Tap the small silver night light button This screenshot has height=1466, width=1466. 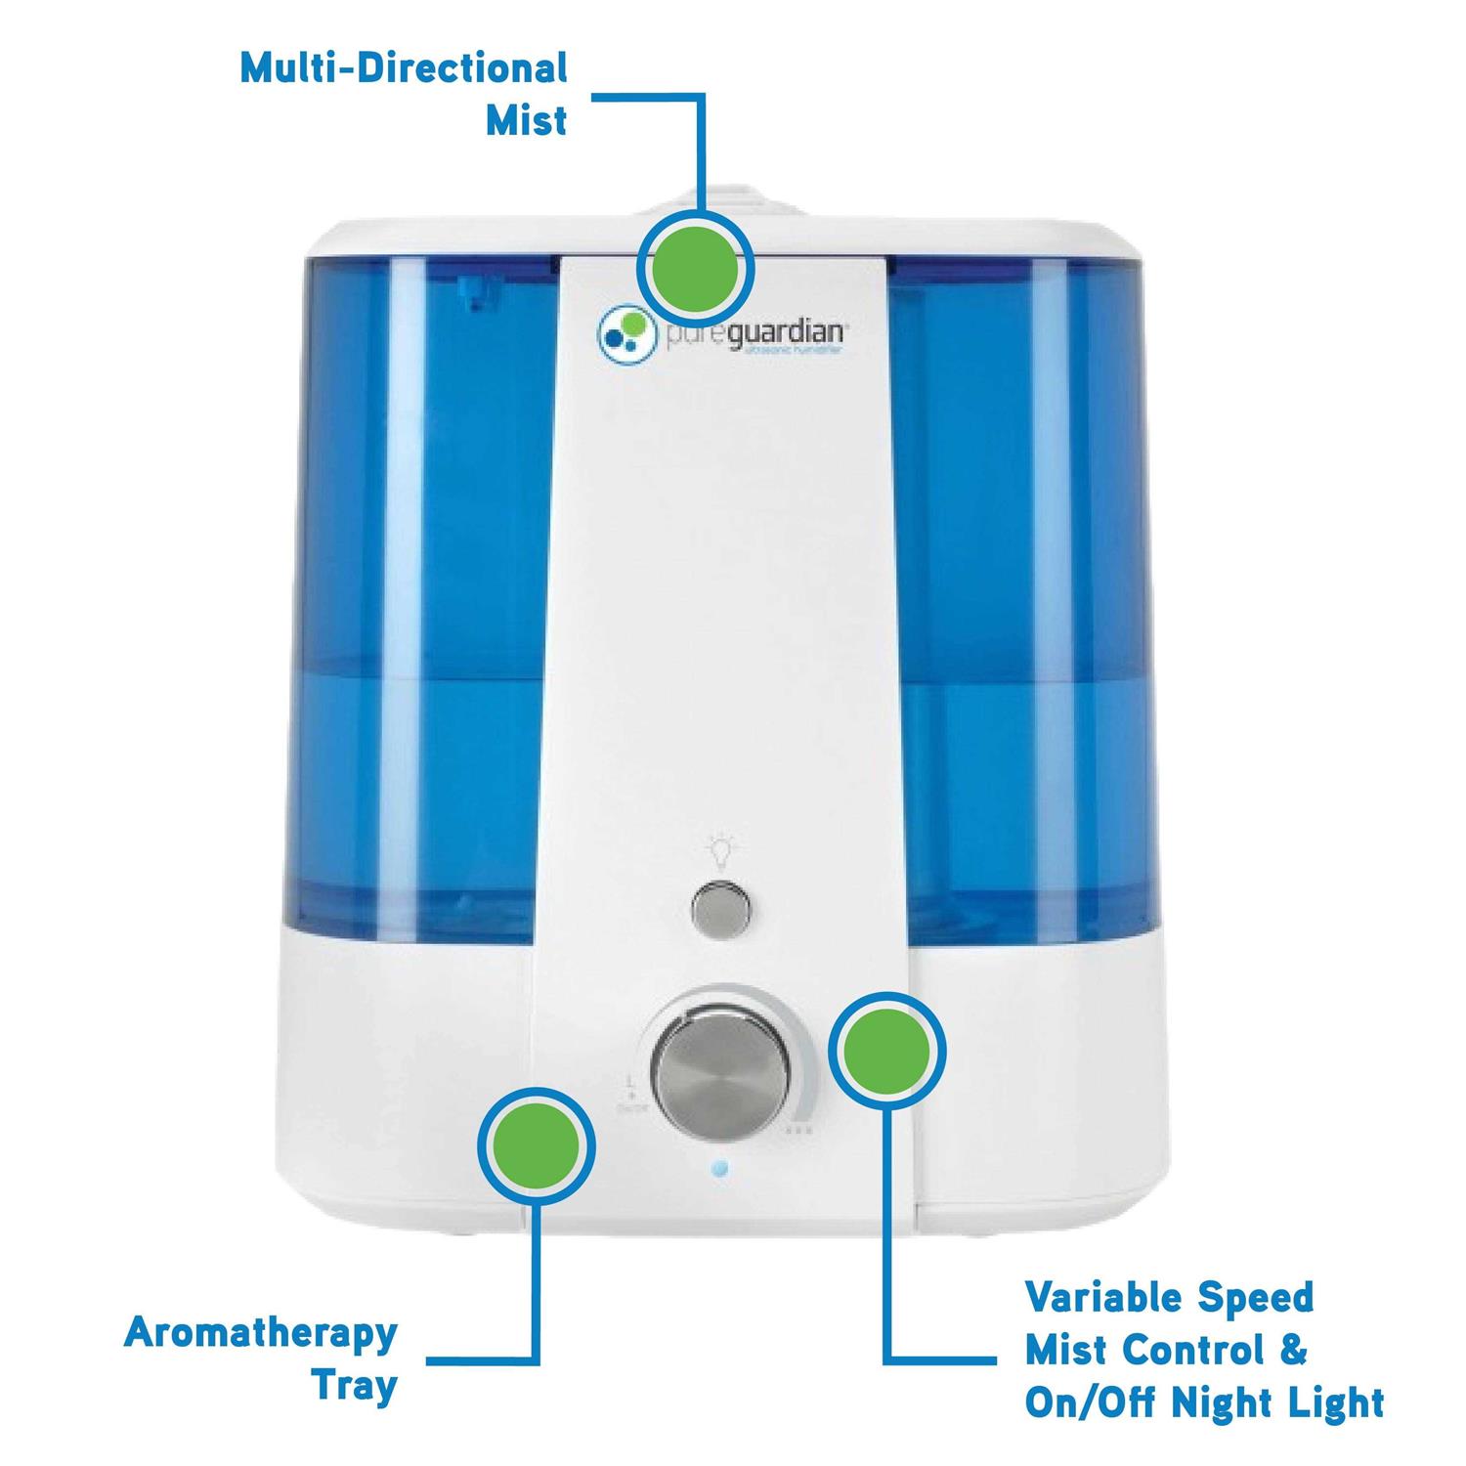coord(722,909)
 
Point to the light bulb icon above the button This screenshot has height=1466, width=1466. coord(720,851)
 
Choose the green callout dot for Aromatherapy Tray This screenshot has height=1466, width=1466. coord(536,1145)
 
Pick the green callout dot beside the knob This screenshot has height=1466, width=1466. coord(886,1050)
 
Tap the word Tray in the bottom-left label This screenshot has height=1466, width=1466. coord(354,1387)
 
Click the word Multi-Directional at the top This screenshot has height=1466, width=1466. coord(403,69)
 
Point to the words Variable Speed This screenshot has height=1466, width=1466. coord(1169,1299)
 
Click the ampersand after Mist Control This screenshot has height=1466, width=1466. coord(1292,1351)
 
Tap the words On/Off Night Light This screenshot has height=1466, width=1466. coord(1204,1403)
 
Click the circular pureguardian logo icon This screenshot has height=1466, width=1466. coord(623,332)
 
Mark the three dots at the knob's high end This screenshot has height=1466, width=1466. coord(798,1130)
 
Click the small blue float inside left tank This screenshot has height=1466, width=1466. coord(478,293)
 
